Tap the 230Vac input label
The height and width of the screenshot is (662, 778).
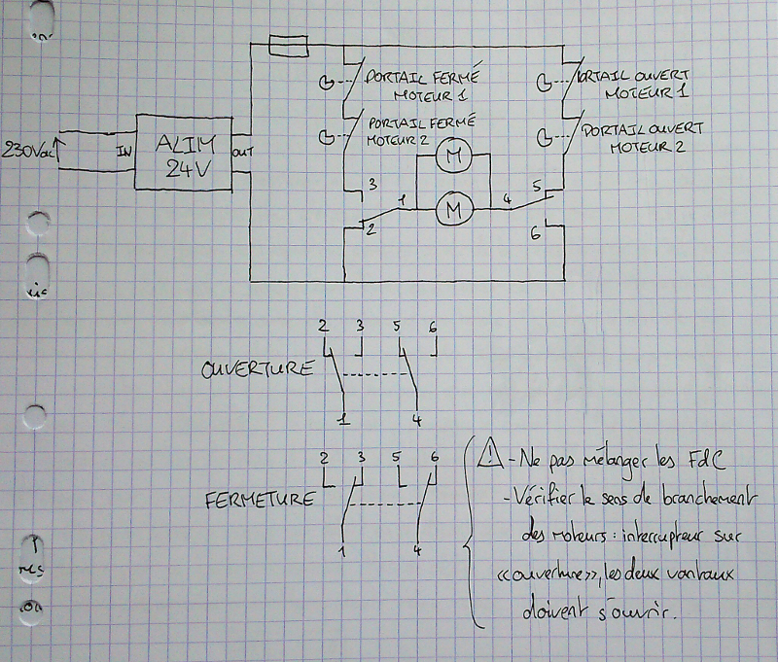point(28,151)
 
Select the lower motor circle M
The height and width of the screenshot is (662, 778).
point(452,207)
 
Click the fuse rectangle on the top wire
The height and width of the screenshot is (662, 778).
point(288,44)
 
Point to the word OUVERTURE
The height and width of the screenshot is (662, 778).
point(258,369)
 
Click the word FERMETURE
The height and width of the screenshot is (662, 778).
point(261,500)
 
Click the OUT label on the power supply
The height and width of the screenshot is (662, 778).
point(242,153)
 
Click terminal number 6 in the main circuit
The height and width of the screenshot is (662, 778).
point(534,234)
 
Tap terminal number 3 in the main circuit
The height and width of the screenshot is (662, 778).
point(371,183)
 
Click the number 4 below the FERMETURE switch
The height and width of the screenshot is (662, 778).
point(416,551)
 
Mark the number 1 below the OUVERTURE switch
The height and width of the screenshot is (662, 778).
point(340,420)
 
